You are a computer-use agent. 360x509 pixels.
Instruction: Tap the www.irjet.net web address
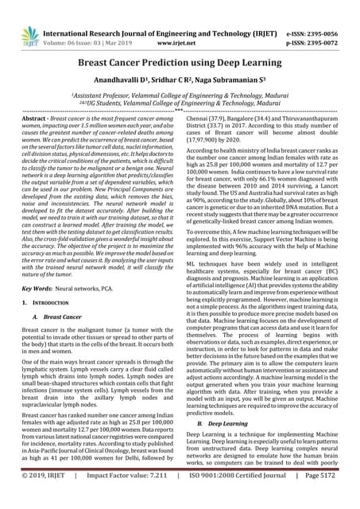pyautogui.click(x=181, y=21)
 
